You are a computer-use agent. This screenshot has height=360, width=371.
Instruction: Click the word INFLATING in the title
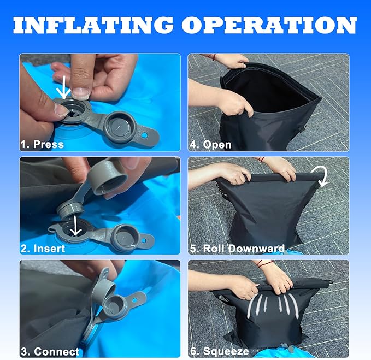tap(93, 25)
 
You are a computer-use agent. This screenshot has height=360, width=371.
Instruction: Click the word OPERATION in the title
tap(269, 25)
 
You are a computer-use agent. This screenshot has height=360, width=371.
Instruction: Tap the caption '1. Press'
tap(42, 144)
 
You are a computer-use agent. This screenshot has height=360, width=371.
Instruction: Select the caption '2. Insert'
tap(43, 249)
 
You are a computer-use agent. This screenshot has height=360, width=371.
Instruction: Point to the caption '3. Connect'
tap(50, 352)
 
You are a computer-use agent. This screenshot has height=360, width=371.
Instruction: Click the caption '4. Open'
tap(210, 145)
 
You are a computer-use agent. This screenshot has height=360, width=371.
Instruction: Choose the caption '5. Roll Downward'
tap(237, 249)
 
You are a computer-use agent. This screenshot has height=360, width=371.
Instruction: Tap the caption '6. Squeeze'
tap(220, 351)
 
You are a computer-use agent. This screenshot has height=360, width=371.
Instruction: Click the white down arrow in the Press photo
tap(63, 87)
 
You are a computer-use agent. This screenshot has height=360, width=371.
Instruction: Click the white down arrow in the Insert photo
tap(76, 226)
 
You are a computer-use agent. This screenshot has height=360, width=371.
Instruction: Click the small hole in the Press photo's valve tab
tap(145, 135)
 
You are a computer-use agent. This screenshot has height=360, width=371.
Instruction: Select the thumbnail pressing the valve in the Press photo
tap(80, 93)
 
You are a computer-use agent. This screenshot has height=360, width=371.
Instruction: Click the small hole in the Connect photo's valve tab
tap(134, 300)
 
